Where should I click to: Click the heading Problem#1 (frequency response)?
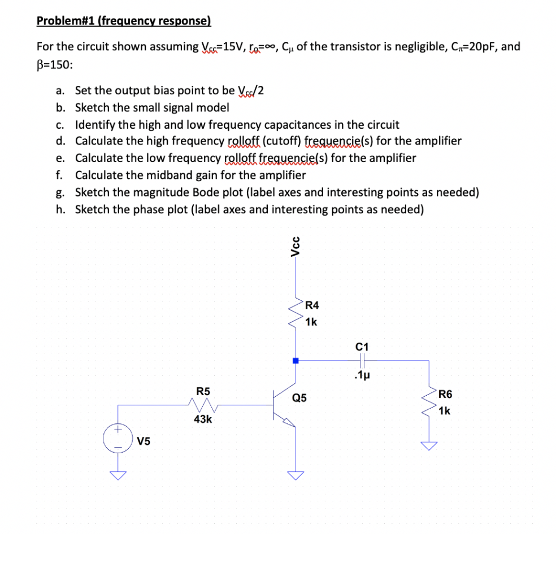point(123,21)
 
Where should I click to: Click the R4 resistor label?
point(312,306)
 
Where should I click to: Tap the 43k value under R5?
point(203,419)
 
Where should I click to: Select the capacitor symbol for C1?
point(362,360)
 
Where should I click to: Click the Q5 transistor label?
point(299,398)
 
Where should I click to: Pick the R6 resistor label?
point(445,395)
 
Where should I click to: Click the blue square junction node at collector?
point(295,360)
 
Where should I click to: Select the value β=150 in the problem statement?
point(55,63)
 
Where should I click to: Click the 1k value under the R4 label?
point(311,323)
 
